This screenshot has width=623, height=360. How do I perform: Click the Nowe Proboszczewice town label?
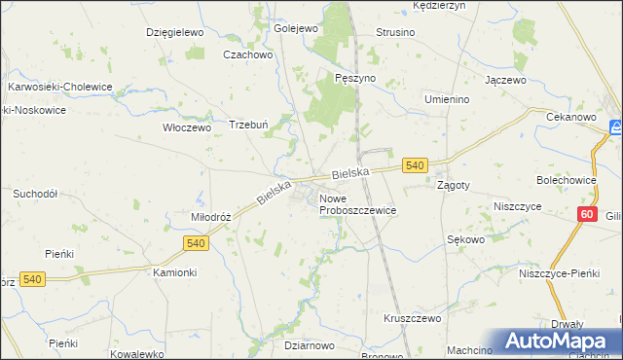tap(357, 204)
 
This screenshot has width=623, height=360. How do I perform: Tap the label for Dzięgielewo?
tap(173, 32)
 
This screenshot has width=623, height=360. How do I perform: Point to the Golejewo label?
tap(296, 28)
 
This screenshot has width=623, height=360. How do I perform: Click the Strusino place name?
tap(395, 32)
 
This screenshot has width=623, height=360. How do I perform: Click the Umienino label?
tap(447, 99)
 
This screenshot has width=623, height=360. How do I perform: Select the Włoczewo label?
tap(186, 126)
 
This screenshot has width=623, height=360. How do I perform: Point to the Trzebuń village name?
tap(247, 125)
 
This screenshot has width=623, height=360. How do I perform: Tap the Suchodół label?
tap(34, 194)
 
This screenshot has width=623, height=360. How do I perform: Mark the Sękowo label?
tap(465, 238)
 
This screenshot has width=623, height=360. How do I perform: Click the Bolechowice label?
tap(566, 180)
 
